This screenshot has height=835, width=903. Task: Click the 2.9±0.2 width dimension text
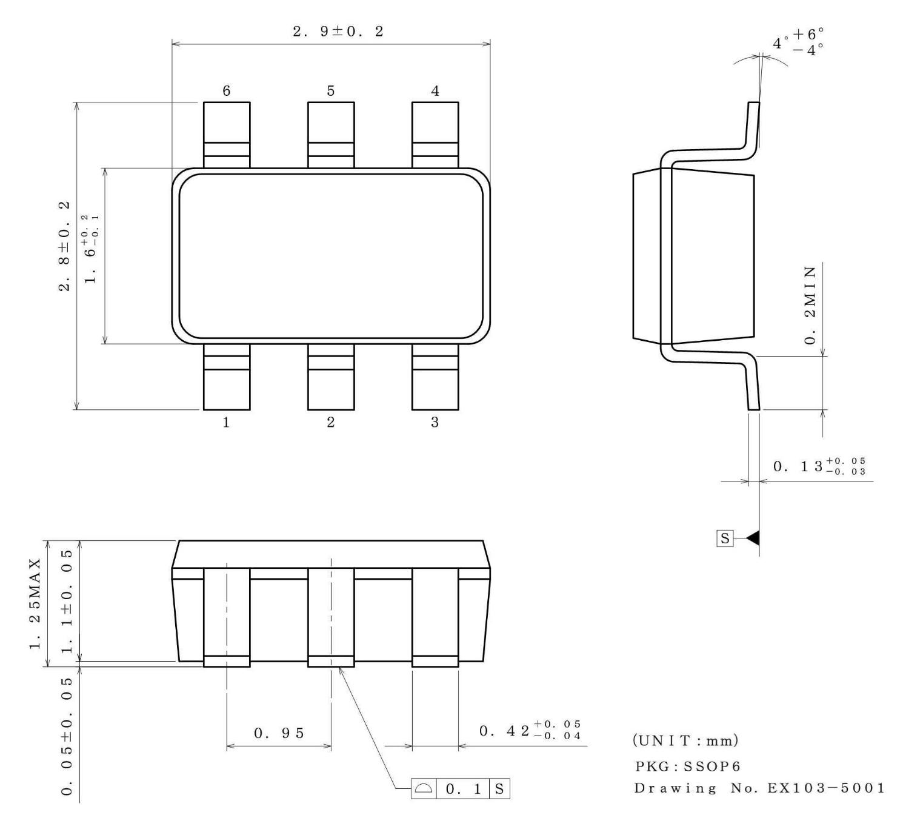(x=338, y=32)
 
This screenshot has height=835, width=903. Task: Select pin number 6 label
(x=226, y=91)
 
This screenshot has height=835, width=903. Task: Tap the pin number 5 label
(x=330, y=91)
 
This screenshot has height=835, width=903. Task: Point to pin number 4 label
(x=435, y=91)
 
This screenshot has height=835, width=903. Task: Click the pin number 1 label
(x=226, y=423)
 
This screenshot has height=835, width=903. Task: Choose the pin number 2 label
(x=330, y=423)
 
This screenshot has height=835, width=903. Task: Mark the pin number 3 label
(x=435, y=423)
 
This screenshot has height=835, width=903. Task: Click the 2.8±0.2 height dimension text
(x=64, y=246)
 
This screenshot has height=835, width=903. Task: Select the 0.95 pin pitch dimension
(x=279, y=733)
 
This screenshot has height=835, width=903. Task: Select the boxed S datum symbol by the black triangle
(x=724, y=538)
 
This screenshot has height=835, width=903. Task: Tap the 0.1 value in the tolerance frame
(x=461, y=790)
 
